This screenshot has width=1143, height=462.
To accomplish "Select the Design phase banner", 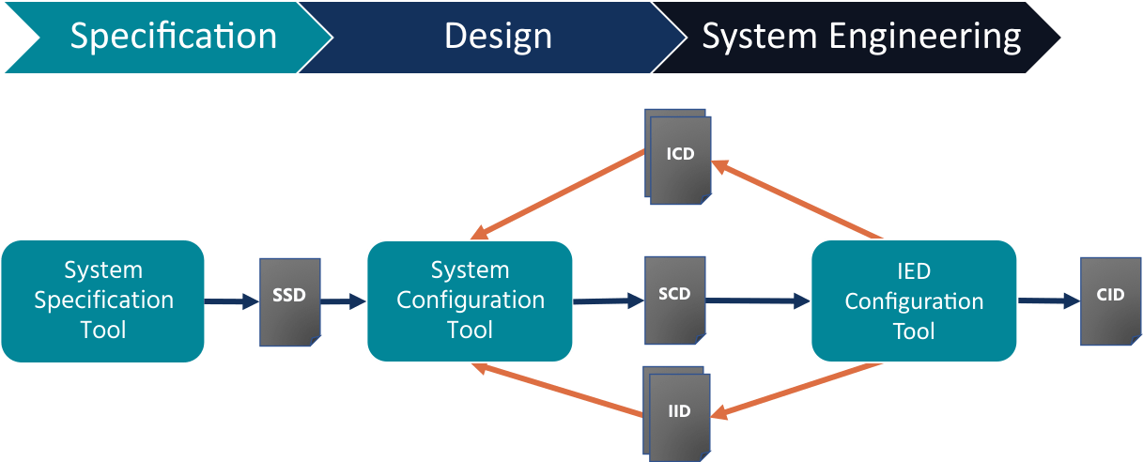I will pos(498,37).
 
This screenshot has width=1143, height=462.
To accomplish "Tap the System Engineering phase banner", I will pos(859,37).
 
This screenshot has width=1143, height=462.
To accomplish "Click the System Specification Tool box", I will pos(103,300).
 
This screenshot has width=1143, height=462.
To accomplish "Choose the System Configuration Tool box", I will pos(470,300).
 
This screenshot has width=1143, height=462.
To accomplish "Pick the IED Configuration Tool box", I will pos(914,300).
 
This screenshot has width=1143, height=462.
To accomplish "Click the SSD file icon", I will pos(290,300).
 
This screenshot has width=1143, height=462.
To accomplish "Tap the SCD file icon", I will pos(675,297).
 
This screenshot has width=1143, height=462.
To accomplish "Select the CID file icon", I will pos(1110,298).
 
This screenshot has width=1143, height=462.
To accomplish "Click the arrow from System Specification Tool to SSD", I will pos(231,301).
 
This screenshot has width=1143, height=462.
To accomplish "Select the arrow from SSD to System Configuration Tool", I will pos(343,301).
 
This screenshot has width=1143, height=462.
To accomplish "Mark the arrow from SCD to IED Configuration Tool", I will pos(757,301).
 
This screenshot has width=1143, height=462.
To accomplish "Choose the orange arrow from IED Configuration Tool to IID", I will pos(798,390).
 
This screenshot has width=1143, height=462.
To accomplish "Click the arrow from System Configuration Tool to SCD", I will pos(609,301).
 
